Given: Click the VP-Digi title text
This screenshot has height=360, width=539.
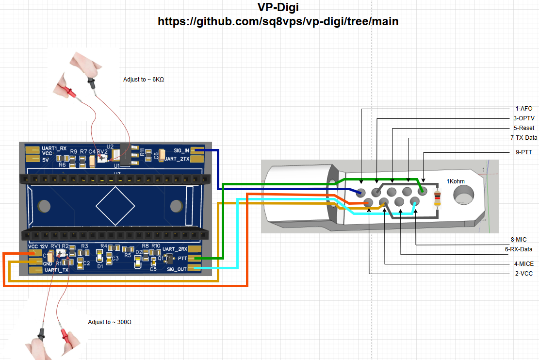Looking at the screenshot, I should pyautogui.click(x=278, y=7).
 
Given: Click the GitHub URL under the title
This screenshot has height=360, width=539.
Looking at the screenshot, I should pyautogui.click(x=278, y=22).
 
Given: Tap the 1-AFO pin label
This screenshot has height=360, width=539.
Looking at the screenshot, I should pyautogui.click(x=524, y=109).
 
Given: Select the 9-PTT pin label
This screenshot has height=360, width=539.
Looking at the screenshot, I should pyautogui.click(x=523, y=152).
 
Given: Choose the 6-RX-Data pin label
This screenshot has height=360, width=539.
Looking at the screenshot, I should pyautogui.click(x=519, y=249).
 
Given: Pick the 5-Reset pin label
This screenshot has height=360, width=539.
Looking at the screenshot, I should pyautogui.click(x=523, y=128).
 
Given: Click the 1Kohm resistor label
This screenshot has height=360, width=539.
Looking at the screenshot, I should pyautogui.click(x=456, y=181).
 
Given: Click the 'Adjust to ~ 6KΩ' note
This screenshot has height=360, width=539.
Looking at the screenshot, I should pyautogui.click(x=144, y=79).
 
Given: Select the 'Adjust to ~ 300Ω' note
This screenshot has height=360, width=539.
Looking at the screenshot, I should pyautogui.click(x=110, y=322).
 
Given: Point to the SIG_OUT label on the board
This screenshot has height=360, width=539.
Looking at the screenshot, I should pyautogui.click(x=177, y=269).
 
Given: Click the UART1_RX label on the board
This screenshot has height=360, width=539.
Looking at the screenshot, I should pyautogui.click(x=54, y=147).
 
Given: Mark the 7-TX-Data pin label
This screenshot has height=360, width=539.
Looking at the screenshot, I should pyautogui.click(x=520, y=138).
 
